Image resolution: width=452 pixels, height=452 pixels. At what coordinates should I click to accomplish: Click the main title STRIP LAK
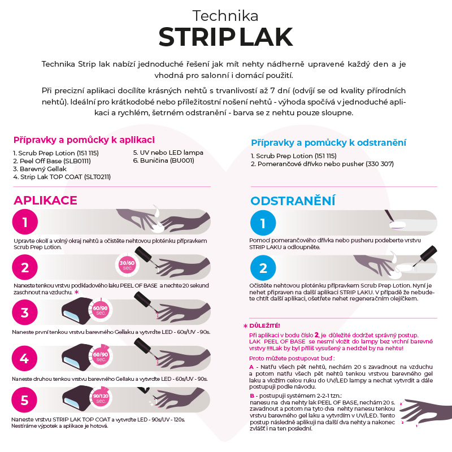tap(225, 37)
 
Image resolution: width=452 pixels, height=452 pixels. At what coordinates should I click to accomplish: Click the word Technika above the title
tap(225, 15)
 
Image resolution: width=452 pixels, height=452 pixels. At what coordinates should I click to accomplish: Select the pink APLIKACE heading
tap(45, 201)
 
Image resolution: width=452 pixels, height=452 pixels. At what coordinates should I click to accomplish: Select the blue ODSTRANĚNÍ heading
tap(293, 201)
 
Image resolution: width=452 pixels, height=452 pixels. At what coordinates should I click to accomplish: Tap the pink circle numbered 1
tap(25, 221)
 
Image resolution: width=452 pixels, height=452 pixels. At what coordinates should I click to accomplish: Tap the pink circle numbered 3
tap(25, 312)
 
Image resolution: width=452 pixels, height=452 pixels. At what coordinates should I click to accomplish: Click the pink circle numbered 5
tap(25, 400)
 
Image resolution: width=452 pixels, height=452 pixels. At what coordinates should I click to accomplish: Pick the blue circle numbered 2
tap(263, 268)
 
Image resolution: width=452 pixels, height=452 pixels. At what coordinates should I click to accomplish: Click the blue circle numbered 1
tap(263, 223)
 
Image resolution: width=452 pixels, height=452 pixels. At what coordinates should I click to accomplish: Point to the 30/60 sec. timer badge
tap(128, 266)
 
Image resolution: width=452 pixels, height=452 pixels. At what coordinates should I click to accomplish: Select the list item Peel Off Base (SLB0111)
tap(44, 160)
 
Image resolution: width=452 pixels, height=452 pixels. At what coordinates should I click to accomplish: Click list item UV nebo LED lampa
tap(168, 153)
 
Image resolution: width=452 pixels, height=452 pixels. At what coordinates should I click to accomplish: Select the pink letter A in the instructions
tap(251, 367)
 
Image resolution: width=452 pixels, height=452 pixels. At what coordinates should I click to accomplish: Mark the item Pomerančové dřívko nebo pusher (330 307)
tap(322, 164)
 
